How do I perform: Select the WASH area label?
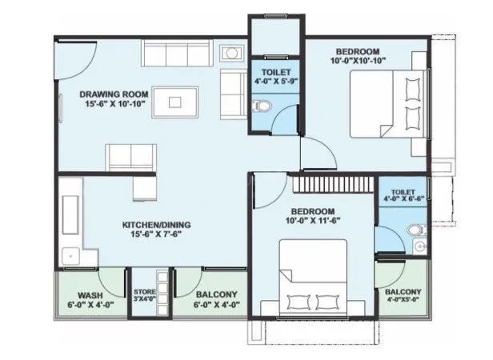(90, 294)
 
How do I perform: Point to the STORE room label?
(144, 292)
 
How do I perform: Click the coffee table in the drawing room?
(178, 102)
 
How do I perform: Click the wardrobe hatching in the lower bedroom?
(331, 186)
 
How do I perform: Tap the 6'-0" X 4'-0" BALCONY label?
(215, 298)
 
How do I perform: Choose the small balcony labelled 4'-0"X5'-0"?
(404, 296)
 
